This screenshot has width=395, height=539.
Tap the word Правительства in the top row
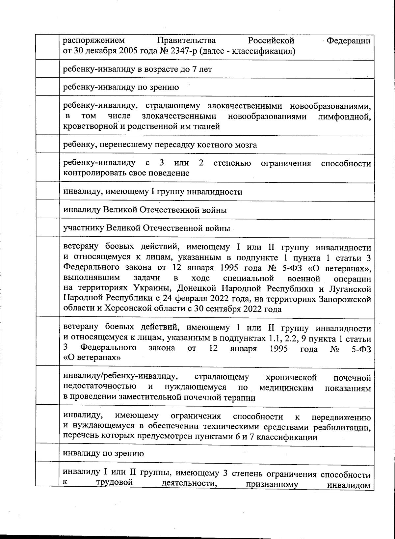[186, 41]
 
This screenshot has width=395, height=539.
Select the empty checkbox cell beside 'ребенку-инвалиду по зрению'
[47, 87]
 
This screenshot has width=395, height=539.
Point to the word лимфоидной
[344, 116]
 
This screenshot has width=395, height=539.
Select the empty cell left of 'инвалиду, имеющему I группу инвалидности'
[47, 192]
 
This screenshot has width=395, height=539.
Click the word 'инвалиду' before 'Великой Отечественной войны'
[82, 210]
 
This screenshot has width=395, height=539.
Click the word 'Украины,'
[154, 289]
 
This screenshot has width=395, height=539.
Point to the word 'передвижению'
[341, 417]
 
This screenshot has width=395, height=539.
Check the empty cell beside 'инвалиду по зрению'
[47, 453]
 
